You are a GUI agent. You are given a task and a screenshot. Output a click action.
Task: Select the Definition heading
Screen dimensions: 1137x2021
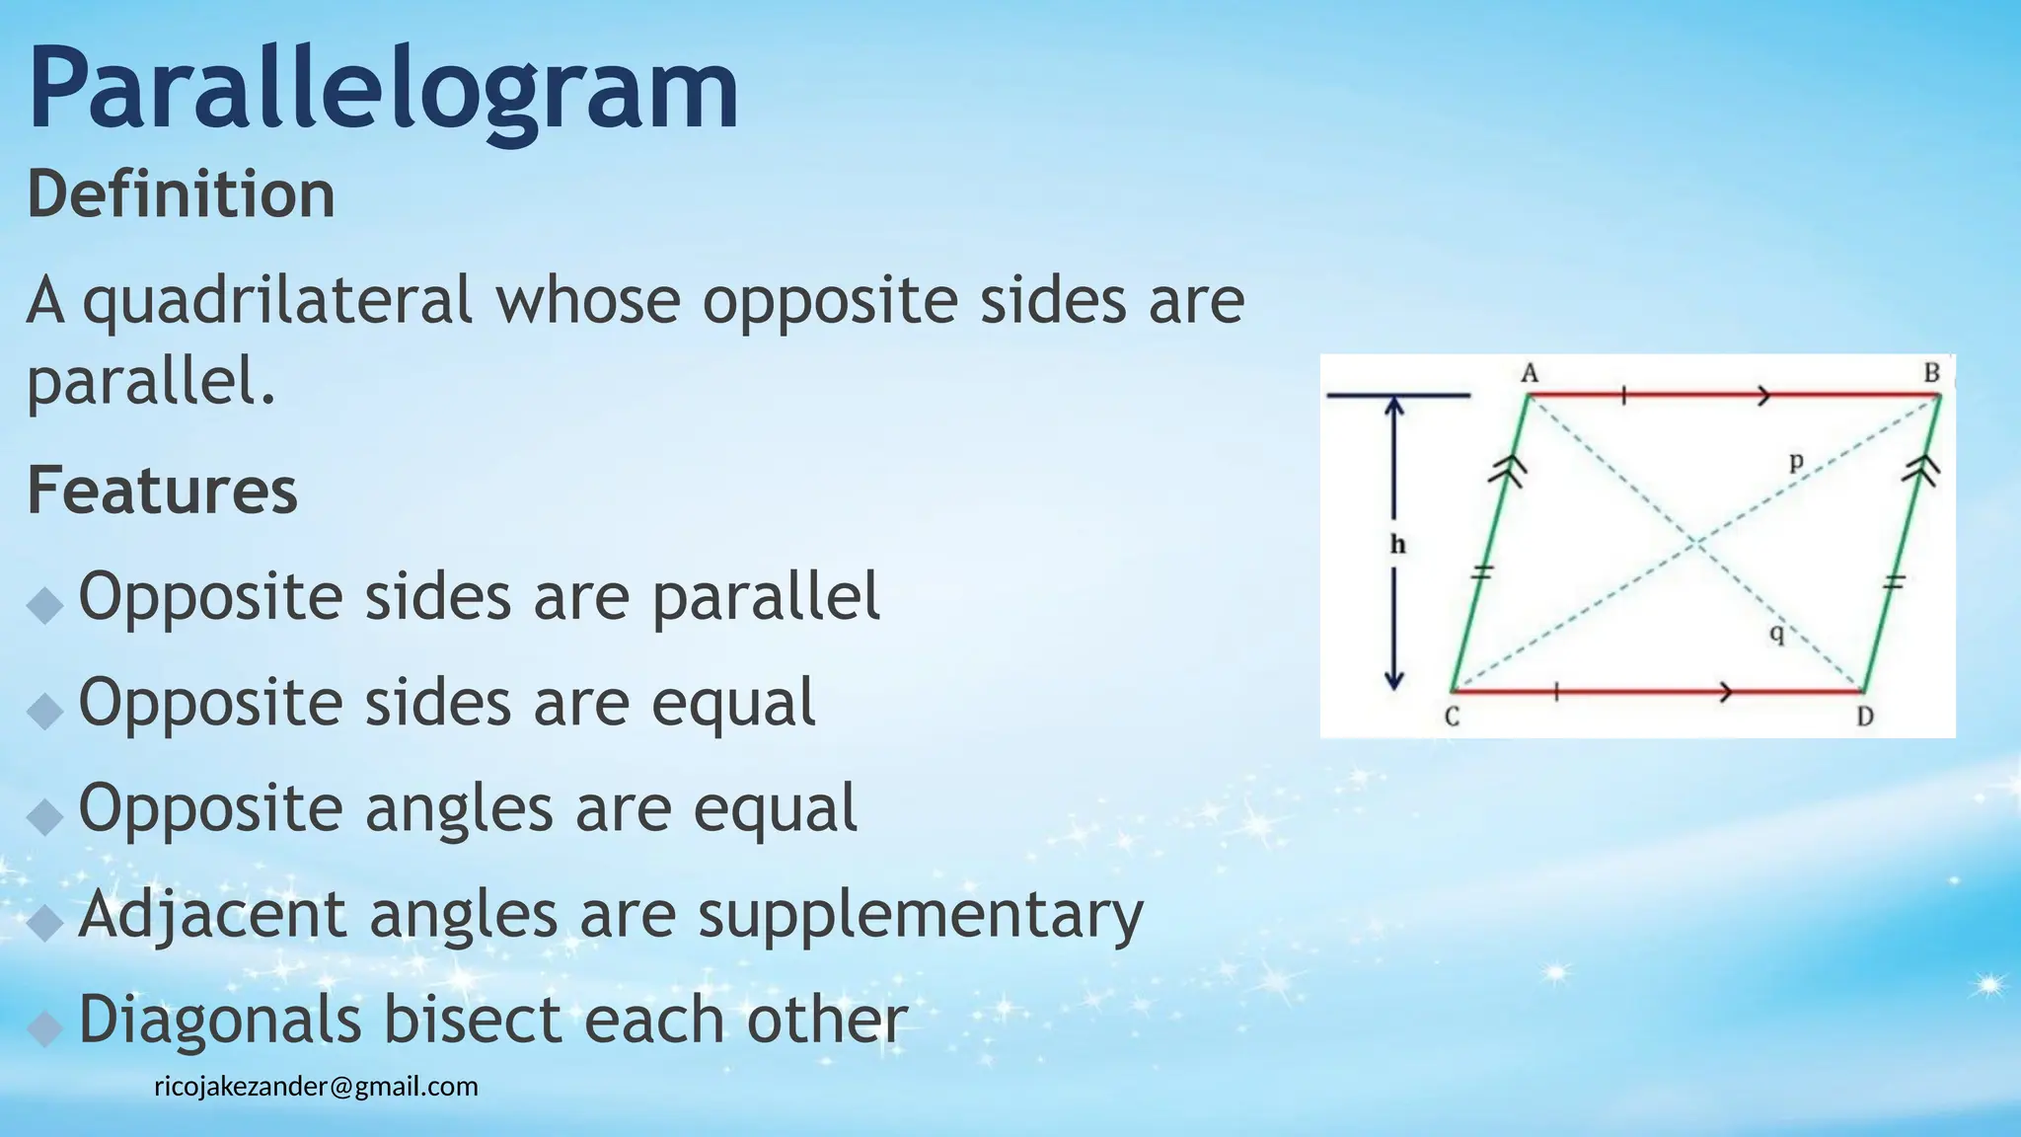pyautogui.click(x=181, y=194)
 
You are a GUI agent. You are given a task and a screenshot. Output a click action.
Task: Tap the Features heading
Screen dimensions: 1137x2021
pyautogui.click(x=162, y=491)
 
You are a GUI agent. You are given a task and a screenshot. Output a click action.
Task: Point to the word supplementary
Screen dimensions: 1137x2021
pyautogui.click(x=921, y=915)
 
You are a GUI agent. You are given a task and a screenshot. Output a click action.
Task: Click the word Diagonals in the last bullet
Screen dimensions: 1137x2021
pyautogui.click(x=220, y=1020)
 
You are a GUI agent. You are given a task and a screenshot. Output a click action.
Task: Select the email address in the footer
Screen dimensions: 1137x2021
pyautogui.click(x=316, y=1087)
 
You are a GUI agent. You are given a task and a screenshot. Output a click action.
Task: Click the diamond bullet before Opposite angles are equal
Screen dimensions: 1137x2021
pyautogui.click(x=45, y=816)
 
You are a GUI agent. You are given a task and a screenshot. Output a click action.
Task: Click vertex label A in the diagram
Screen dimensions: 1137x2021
pyautogui.click(x=1530, y=373)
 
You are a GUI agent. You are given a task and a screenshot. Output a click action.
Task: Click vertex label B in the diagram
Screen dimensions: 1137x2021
pyautogui.click(x=1931, y=373)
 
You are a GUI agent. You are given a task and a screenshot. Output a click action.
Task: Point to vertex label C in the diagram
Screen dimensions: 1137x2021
pyautogui.click(x=1452, y=718)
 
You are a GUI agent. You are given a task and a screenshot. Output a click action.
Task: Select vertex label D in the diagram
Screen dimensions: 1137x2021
pyautogui.click(x=1864, y=718)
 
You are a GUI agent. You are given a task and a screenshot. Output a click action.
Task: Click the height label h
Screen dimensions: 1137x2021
pyautogui.click(x=1397, y=544)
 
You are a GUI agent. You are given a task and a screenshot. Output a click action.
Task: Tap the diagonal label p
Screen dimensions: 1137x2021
pyautogui.click(x=1796, y=461)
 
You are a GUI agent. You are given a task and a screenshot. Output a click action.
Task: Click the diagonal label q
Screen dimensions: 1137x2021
pyautogui.click(x=1776, y=633)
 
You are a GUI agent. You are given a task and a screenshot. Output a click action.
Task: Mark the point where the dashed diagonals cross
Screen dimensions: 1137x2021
pyautogui.click(x=1695, y=543)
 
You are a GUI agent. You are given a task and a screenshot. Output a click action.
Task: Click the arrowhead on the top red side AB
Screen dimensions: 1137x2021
pyautogui.click(x=1763, y=396)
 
